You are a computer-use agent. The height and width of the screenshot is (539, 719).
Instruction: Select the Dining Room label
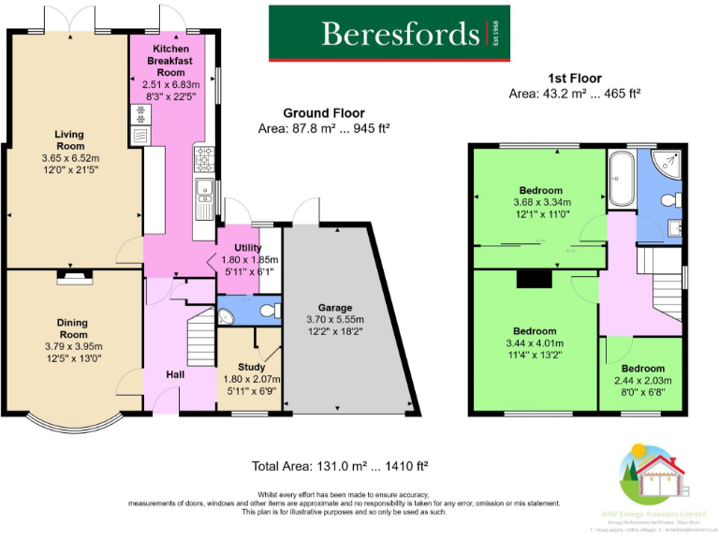[72, 328]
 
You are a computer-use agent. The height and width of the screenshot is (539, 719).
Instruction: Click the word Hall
[176, 374]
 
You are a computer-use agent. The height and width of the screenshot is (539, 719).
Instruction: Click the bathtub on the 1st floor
[622, 180]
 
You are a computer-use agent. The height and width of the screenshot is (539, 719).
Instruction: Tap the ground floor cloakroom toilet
[269, 310]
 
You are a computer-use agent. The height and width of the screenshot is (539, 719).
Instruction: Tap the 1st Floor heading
[574, 79]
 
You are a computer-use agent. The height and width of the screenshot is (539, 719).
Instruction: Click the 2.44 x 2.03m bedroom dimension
[642, 381]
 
